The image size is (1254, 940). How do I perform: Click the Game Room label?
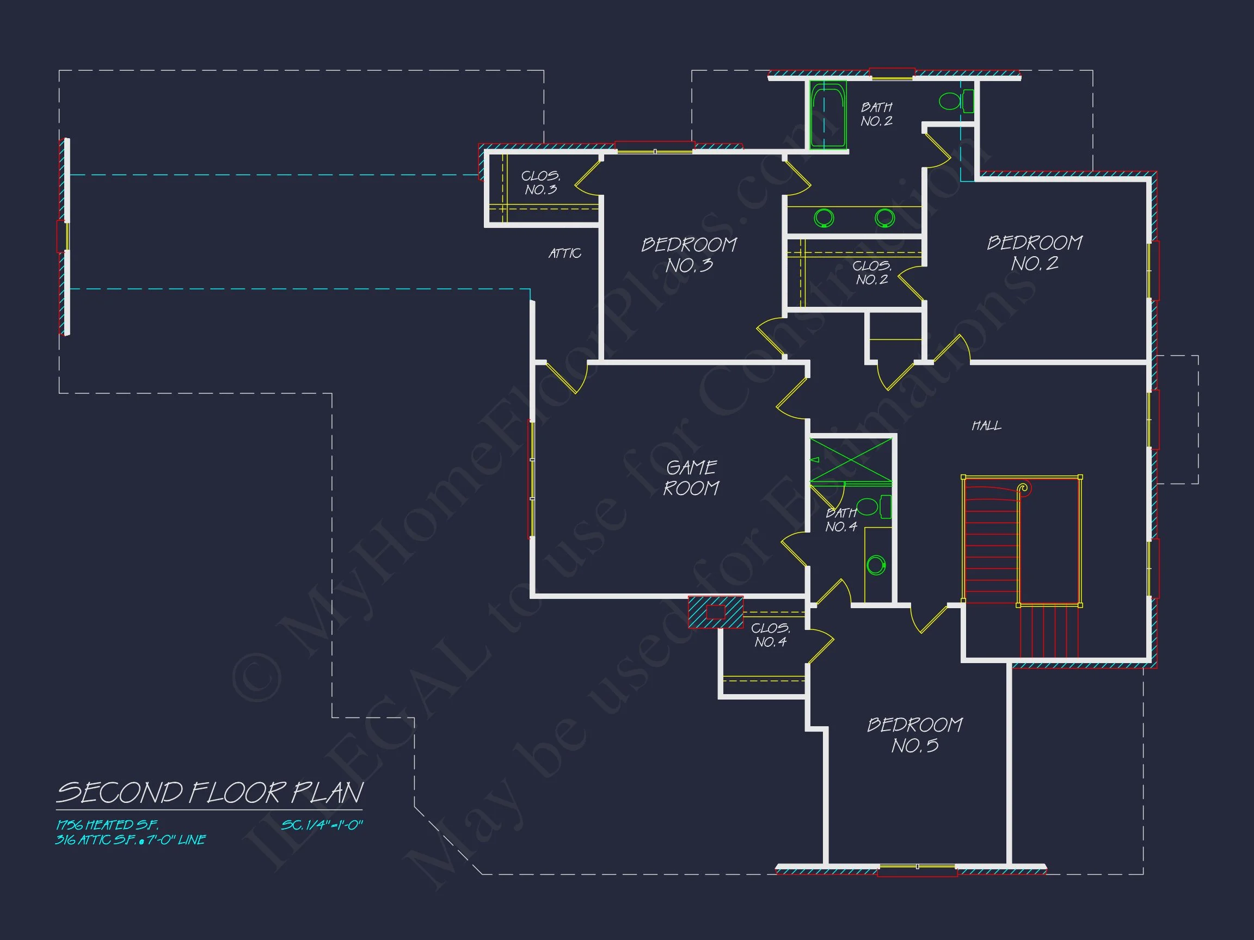[691, 478]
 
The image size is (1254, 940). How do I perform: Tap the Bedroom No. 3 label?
[690, 255]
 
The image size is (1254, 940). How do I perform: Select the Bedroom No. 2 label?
[1035, 253]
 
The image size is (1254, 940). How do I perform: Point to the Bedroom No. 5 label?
[914, 735]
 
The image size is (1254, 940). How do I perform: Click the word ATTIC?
[564, 253]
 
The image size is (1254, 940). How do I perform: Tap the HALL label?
[986, 425]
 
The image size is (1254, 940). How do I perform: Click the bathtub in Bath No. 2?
[828, 115]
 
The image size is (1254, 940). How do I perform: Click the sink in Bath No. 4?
[876, 565]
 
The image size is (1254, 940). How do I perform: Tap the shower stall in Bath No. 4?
[850, 460]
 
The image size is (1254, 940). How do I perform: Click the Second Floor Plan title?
[210, 793]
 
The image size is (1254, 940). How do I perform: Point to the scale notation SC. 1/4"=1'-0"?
[322, 825]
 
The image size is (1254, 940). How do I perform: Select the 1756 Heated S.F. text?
[107, 825]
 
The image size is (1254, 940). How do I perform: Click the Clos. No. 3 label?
[541, 183]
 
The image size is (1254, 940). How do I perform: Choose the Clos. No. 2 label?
[872, 273]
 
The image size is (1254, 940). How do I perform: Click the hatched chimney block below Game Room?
[715, 612]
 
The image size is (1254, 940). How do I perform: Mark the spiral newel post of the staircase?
[1023, 487]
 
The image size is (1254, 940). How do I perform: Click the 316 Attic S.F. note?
[131, 840]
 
